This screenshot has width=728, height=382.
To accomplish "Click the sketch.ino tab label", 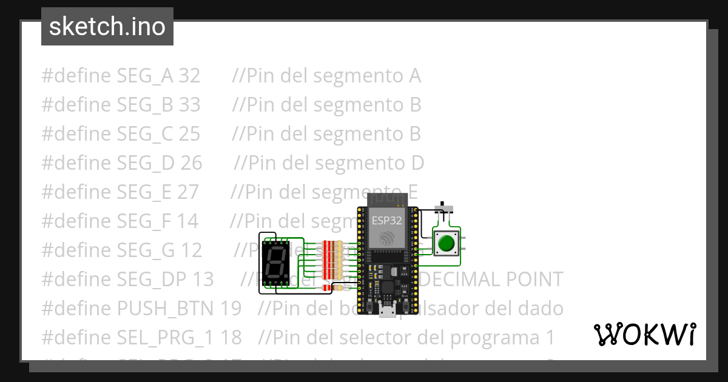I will [x=107, y=27].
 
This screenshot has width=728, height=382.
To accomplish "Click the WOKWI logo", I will [x=644, y=334].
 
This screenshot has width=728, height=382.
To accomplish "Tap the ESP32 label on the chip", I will [x=386, y=221].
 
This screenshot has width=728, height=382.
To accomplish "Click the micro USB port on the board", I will [x=386, y=312].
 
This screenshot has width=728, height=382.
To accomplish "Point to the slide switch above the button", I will [x=446, y=210].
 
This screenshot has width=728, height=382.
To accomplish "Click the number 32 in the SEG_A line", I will [x=189, y=76].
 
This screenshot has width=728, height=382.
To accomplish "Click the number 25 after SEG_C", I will [x=189, y=134].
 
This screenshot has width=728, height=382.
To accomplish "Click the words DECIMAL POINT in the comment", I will [x=491, y=280].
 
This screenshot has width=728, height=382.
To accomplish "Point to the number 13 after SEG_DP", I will [x=203, y=280].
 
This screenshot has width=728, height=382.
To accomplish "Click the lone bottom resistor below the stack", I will [x=332, y=287].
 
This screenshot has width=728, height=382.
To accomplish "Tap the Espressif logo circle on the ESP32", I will [x=386, y=239].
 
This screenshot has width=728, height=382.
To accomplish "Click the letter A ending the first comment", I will [x=414, y=76].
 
